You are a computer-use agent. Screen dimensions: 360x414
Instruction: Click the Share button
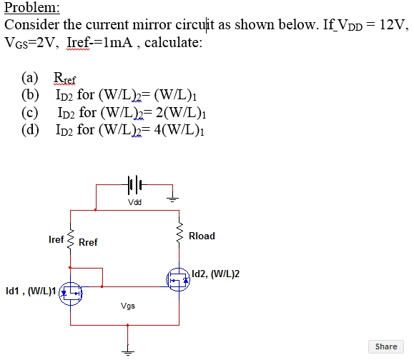point(385,346)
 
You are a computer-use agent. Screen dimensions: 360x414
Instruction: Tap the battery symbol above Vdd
point(134,185)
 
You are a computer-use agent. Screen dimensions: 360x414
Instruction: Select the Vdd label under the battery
point(134,202)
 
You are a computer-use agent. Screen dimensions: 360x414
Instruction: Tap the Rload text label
point(202,236)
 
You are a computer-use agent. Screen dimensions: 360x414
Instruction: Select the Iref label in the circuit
point(56,240)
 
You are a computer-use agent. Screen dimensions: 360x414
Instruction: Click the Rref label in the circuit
point(88,243)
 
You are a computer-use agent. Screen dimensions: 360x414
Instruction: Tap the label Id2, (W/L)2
point(217,274)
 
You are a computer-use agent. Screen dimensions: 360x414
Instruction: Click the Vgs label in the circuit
point(128,306)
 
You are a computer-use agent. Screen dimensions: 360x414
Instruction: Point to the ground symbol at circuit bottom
point(128,350)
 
